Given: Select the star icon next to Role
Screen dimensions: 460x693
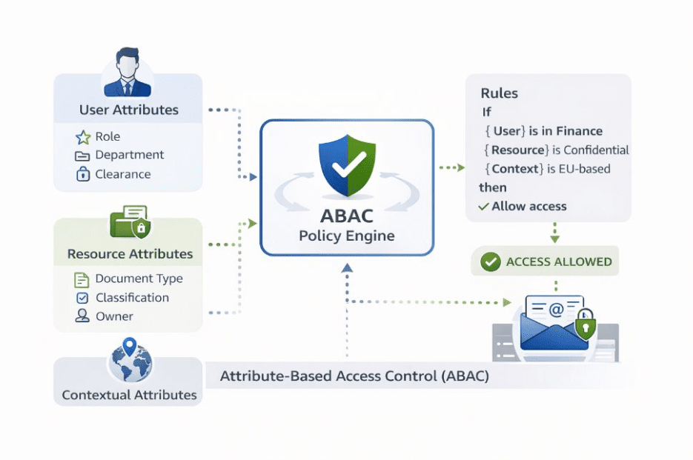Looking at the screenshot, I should tap(82, 137).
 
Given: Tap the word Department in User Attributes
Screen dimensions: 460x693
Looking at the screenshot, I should tap(130, 155).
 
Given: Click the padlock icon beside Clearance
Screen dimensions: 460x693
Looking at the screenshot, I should tap(82, 174).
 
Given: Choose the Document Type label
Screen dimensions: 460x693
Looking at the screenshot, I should tap(139, 279).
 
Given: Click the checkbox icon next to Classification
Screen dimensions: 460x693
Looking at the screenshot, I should tap(82, 298).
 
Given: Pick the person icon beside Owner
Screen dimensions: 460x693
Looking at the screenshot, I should tap(82, 316).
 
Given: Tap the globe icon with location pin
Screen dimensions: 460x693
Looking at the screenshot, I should tap(130, 360).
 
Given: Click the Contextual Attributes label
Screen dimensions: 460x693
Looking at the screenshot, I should tap(130, 395).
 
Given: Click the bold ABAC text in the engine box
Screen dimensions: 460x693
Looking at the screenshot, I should tap(347, 217).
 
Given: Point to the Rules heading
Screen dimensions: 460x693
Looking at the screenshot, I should tap(500, 93).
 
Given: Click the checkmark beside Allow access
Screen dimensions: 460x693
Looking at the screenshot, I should tap(483, 207).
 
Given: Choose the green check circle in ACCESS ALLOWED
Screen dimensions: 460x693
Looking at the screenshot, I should tap(490, 261).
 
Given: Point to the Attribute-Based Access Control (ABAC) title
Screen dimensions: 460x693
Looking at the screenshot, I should tap(354, 376).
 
